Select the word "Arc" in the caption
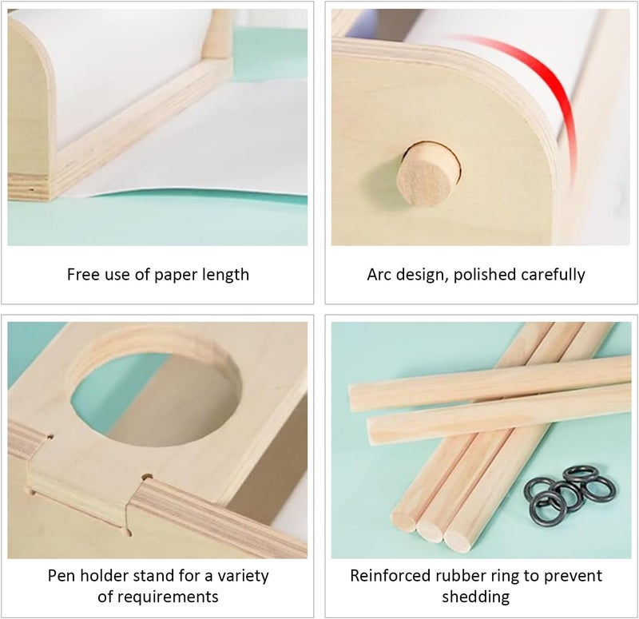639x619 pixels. coord(379,274)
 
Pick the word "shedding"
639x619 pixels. coord(476,597)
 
